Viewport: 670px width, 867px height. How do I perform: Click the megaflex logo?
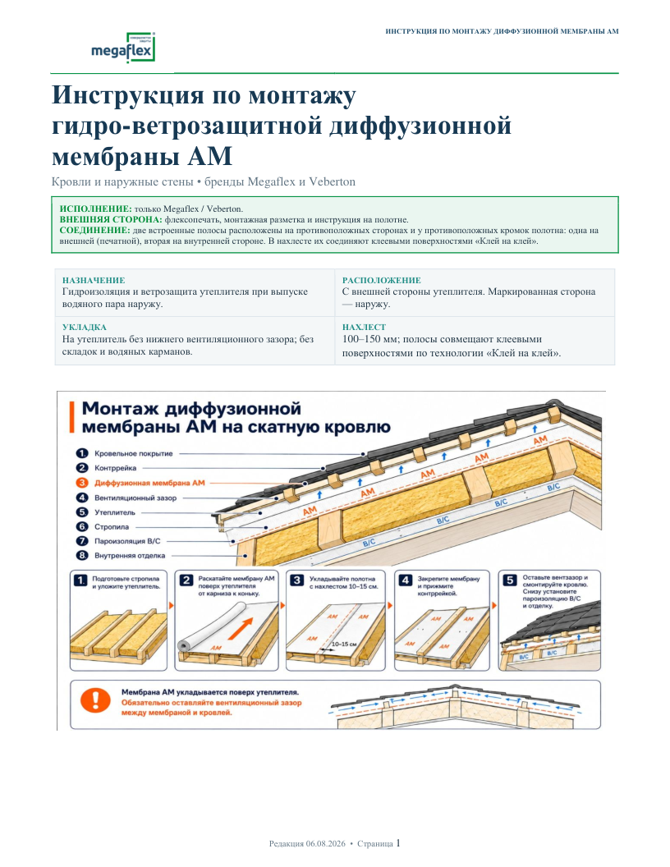coord(122,47)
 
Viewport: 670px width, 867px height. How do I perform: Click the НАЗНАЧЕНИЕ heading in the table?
coord(94,280)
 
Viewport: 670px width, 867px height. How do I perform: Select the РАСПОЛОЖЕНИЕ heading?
coord(382,280)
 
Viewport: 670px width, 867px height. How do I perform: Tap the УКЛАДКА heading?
coord(84,328)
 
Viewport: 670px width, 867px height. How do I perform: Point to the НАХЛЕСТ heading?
coord(364,328)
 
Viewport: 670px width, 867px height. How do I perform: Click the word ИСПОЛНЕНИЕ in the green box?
coord(95,209)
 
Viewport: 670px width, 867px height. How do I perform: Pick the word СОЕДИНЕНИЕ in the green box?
coord(94,231)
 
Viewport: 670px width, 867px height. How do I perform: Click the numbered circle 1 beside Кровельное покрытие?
coord(82,453)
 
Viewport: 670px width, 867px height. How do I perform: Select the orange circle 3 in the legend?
coord(82,483)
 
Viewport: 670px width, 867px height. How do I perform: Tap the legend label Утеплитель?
coord(114,512)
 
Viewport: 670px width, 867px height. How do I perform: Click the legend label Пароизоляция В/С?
coord(127,541)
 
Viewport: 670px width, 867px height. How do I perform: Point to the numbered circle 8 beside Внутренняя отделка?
coord(82,556)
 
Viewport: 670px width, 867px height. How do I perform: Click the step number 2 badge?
coord(187,580)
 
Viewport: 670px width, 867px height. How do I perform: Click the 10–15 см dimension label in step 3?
coord(344,645)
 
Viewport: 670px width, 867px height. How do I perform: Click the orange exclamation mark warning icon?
coord(95,700)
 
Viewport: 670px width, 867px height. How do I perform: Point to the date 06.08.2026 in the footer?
coord(326,844)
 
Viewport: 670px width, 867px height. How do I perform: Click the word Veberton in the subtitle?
coord(333,182)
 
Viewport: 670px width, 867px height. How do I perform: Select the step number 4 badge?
coord(406,580)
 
